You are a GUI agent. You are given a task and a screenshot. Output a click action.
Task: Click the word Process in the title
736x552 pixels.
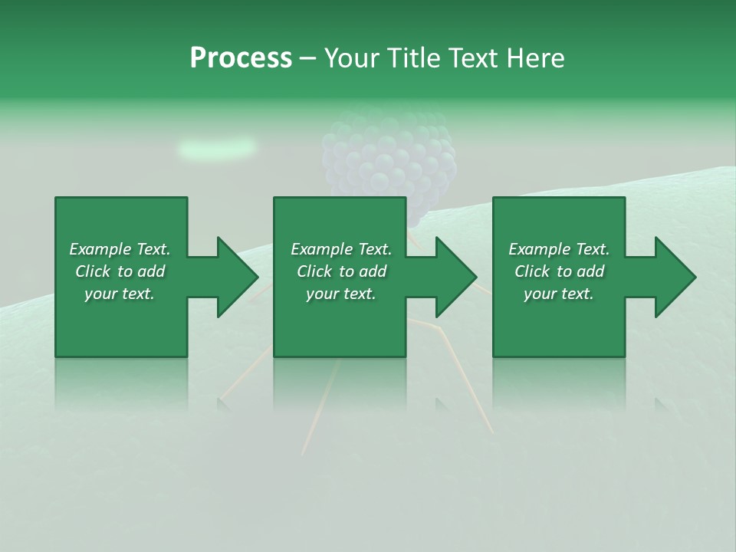241,58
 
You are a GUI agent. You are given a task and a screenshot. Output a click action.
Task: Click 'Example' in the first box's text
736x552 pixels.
100,249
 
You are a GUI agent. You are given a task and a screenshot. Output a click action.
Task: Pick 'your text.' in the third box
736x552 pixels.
559,294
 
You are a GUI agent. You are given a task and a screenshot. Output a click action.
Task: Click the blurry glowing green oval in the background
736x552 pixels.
217,147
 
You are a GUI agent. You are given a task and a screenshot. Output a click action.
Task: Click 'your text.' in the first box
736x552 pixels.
120,294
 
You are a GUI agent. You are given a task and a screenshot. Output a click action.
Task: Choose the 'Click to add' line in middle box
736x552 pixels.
341,271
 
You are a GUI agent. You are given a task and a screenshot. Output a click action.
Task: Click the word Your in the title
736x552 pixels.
353,58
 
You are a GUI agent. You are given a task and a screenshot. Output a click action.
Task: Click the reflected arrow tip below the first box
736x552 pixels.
225,402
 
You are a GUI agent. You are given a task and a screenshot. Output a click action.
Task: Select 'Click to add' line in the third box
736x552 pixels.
559,271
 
